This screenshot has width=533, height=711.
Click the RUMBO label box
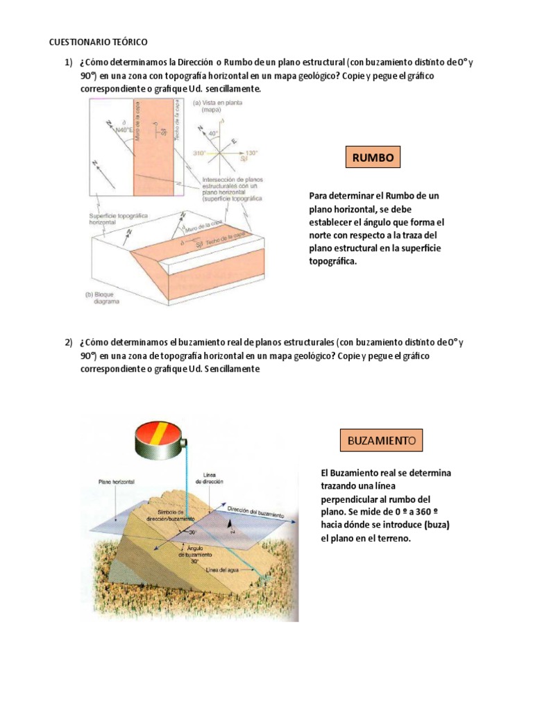(x=372, y=158)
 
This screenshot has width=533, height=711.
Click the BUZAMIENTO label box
(x=380, y=441)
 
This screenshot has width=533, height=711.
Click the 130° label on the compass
(x=251, y=153)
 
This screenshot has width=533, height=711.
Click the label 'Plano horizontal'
(x=117, y=480)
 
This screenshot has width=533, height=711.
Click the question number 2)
(x=69, y=342)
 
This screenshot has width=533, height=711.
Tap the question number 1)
(x=69, y=63)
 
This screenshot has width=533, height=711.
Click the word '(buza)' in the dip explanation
(x=437, y=525)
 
